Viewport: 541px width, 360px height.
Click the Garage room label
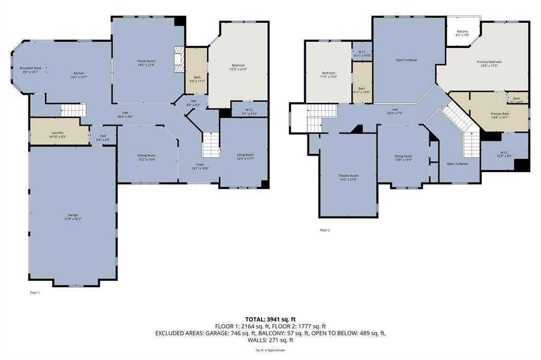[x=73, y=215]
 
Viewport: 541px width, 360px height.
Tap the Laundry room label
[x=58, y=132]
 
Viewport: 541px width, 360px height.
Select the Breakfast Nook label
[x=31, y=68]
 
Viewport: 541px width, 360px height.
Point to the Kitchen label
[x=79, y=73]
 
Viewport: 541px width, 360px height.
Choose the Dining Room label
[x=146, y=155]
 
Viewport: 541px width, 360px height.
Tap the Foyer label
[x=200, y=164]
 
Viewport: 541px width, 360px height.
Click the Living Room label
[x=245, y=155]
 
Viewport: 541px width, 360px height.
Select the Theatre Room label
[x=348, y=175]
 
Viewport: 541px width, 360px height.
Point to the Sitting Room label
[x=403, y=156]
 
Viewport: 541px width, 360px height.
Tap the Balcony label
[x=462, y=32]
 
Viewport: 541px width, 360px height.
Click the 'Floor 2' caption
[x=325, y=230]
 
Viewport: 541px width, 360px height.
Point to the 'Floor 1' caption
[x=34, y=292]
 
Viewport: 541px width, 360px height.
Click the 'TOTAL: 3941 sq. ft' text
[x=270, y=319]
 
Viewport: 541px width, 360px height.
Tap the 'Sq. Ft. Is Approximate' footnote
[x=270, y=350]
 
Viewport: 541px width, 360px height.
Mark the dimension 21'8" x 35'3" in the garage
[x=73, y=219]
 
